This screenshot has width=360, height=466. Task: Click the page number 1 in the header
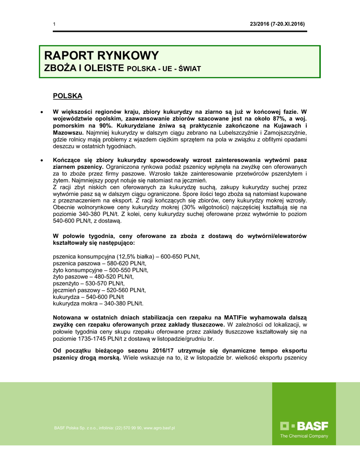[54, 24]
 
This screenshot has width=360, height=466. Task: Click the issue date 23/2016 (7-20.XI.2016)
[277, 24]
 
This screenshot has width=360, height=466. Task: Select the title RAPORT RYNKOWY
[101, 56]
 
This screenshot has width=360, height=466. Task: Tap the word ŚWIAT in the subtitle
[189, 69]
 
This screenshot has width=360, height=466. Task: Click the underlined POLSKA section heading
[68, 96]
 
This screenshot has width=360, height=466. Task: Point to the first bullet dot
[42, 112]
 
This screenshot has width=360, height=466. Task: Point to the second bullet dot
[42, 161]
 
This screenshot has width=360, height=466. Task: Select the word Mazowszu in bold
[68, 132]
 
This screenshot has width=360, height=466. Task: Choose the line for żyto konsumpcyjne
[101, 270]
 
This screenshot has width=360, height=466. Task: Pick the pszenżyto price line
[89, 283]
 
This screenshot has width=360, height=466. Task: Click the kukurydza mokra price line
[98, 303]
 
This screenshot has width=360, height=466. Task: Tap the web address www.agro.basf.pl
[159, 428]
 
